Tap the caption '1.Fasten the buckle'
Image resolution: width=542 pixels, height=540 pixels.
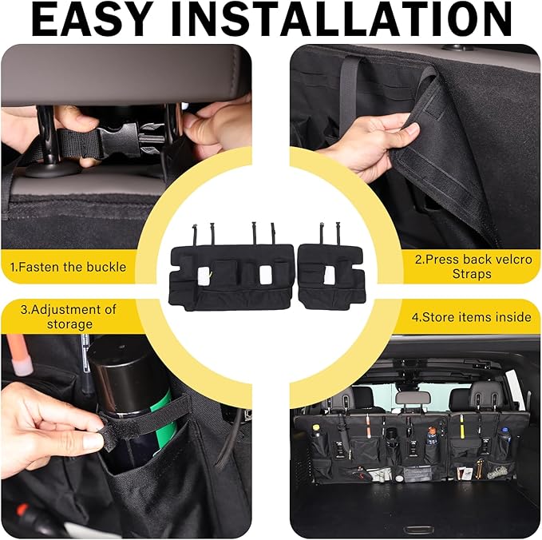(x=68, y=267)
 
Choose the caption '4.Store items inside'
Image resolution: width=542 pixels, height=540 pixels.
(x=471, y=317)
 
